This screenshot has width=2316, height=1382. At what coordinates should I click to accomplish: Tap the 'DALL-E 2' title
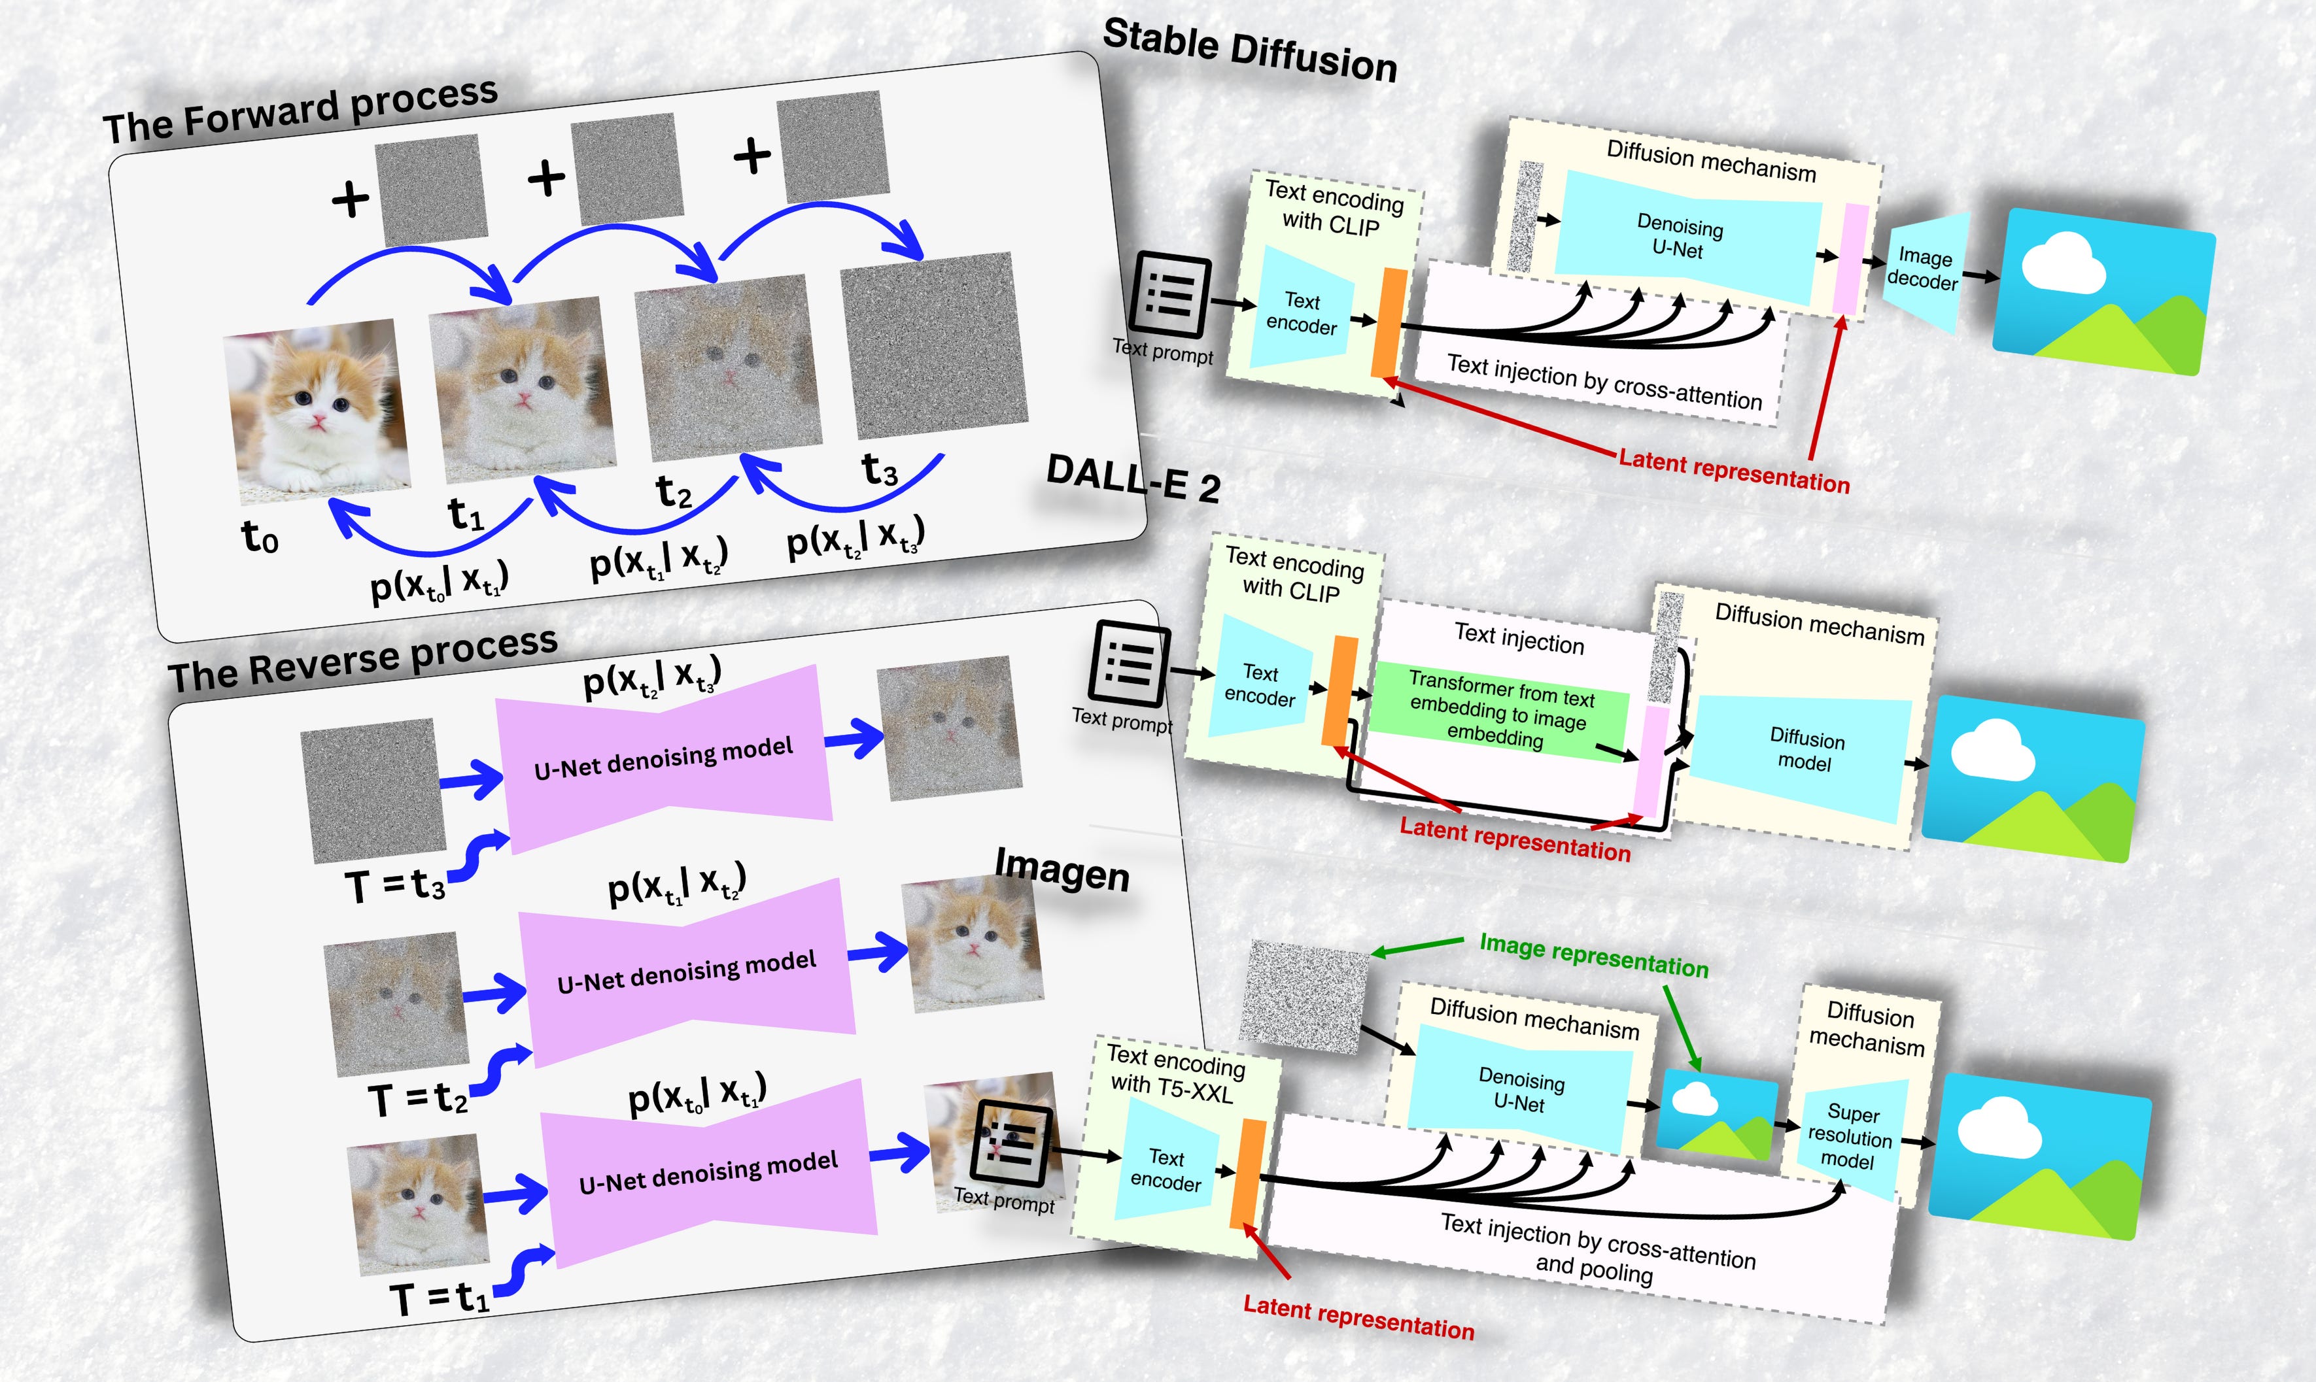pyautogui.click(x=1133, y=480)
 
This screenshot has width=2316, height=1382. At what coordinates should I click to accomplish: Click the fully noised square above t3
pyautogui.click(x=935, y=345)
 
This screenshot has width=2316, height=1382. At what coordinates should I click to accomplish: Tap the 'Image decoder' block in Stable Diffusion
pyautogui.click(x=1924, y=270)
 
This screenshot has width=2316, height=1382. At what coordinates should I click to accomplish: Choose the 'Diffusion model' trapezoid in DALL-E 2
pyautogui.click(x=1805, y=752)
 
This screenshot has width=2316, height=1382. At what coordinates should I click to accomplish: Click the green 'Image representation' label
pyautogui.click(x=1593, y=956)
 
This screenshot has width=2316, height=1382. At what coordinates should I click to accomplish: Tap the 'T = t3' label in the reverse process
pyautogui.click(x=394, y=885)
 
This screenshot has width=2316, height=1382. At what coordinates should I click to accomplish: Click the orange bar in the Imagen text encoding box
pyautogui.click(x=1247, y=1173)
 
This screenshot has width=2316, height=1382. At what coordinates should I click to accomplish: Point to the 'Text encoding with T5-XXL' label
pyautogui.click(x=1174, y=1073)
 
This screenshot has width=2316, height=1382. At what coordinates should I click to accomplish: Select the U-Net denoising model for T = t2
pyautogui.click(x=687, y=973)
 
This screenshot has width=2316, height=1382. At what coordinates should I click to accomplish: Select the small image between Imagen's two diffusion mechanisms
pyautogui.click(x=1717, y=1115)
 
